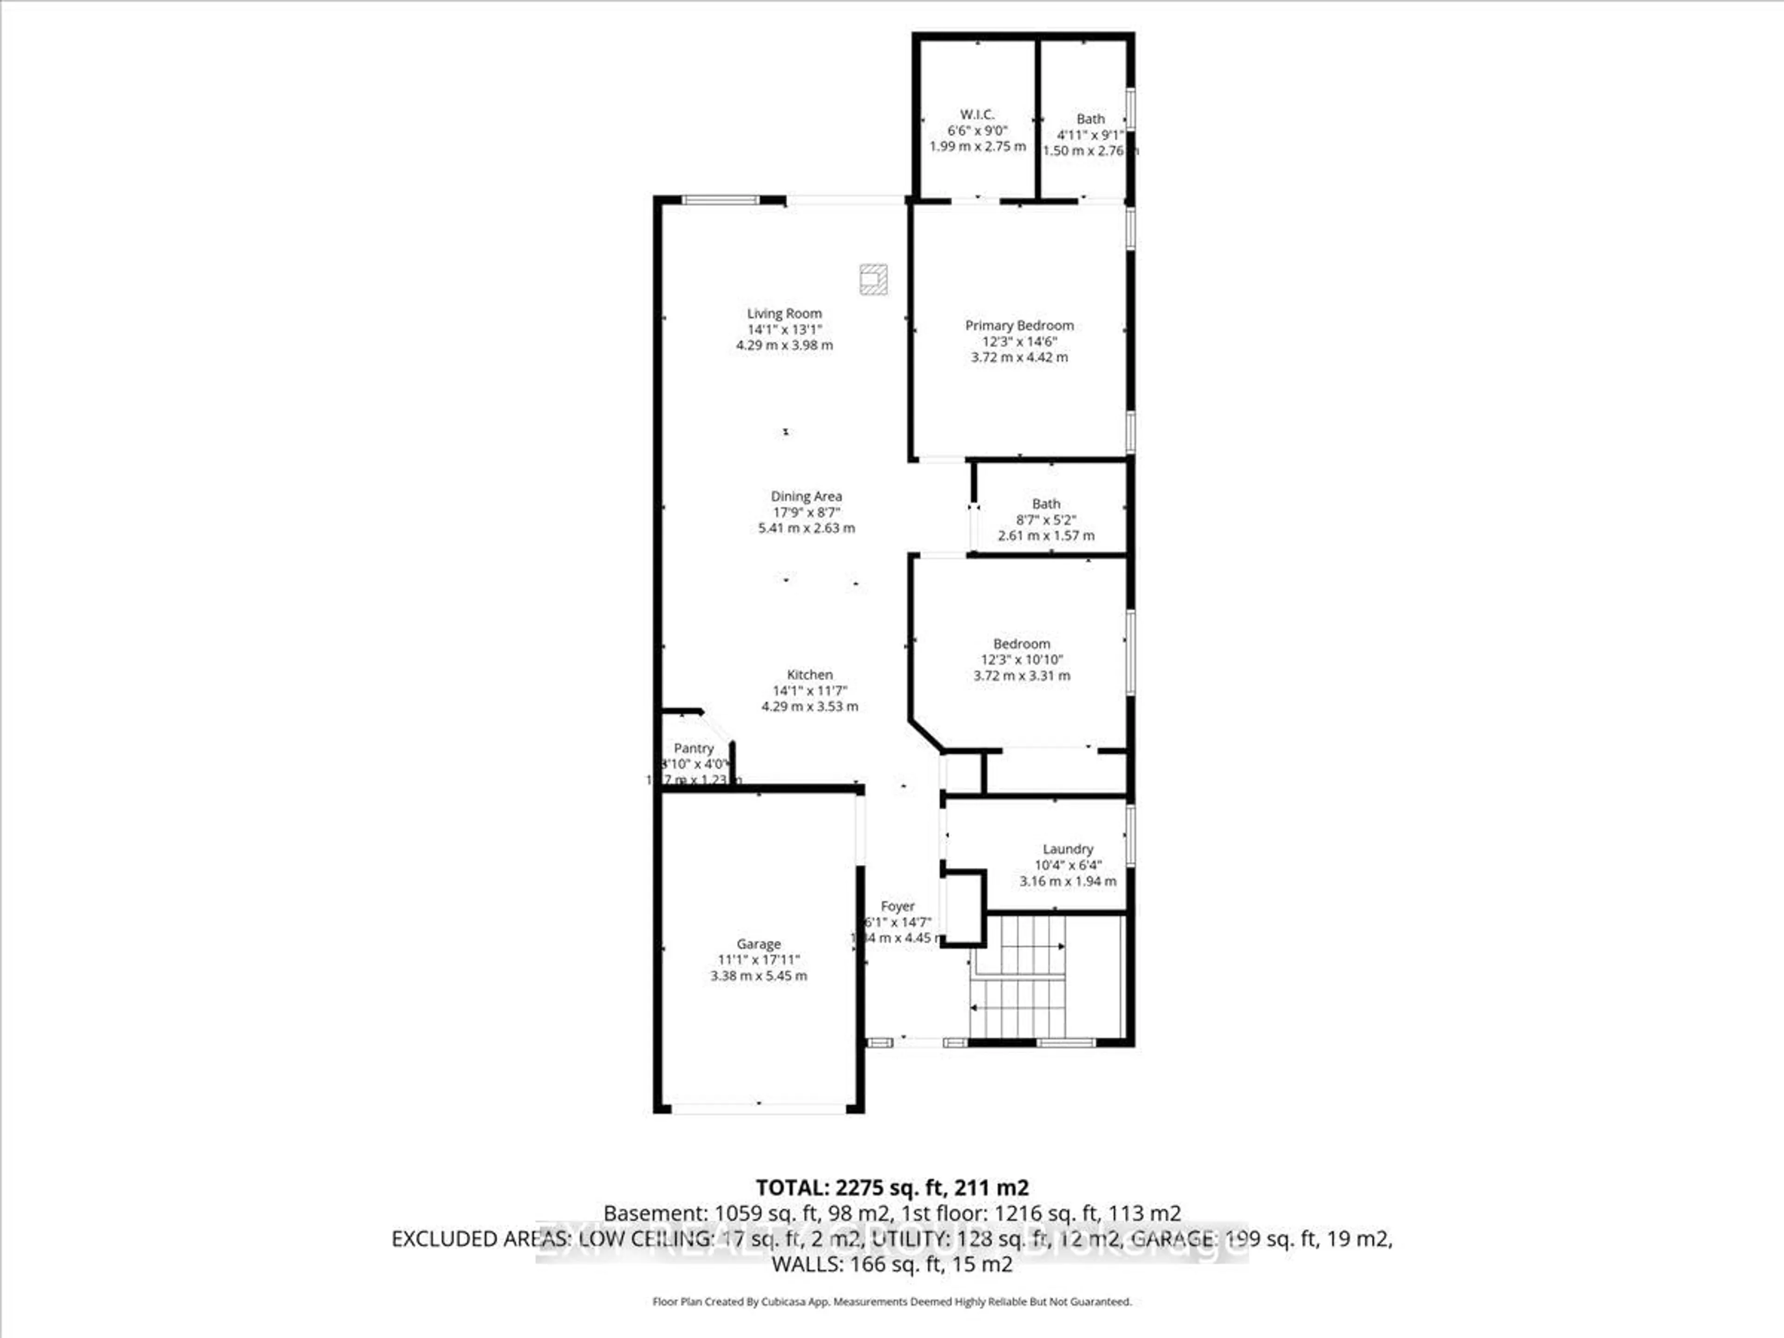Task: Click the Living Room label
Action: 784,314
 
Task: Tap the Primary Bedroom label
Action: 1019,326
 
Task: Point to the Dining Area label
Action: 806,497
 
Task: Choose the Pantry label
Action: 694,748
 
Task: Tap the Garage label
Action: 758,944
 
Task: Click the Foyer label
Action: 897,906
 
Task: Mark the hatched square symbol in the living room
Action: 872,279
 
